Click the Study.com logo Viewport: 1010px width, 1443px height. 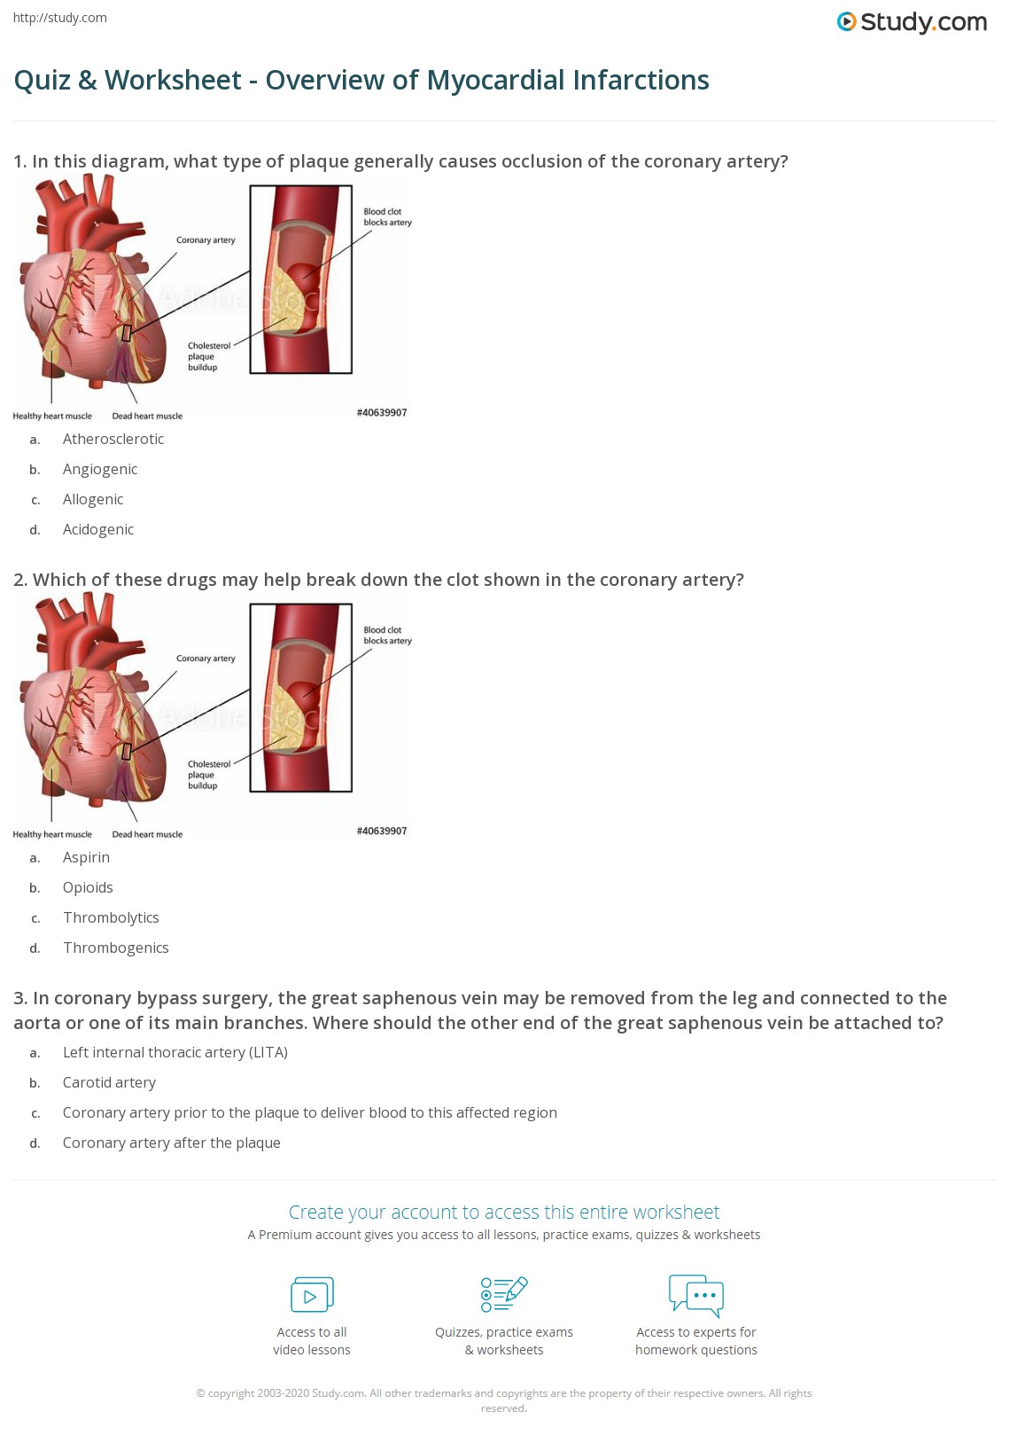tap(912, 21)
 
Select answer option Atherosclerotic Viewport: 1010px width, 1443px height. tap(113, 439)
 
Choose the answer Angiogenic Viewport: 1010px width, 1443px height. tap(100, 469)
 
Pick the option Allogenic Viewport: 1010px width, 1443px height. tap(93, 499)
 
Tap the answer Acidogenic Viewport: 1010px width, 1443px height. tap(98, 529)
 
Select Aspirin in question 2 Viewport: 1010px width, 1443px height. tap(86, 857)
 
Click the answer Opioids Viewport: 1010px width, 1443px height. tap(88, 887)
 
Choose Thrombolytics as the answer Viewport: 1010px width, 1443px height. tap(111, 917)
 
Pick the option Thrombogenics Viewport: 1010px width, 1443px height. tap(115, 948)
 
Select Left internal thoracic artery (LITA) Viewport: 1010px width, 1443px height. tap(175, 1052)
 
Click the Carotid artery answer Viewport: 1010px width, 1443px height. tap(109, 1082)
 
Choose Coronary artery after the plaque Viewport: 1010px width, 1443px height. tap(171, 1143)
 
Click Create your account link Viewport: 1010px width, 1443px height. tap(503, 1212)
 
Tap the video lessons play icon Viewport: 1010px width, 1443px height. tap(312, 1295)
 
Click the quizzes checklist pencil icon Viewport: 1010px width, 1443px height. tap(504, 1294)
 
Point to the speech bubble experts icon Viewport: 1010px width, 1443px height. tap(695, 1294)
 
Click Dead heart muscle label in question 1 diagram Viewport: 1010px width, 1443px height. tap(147, 416)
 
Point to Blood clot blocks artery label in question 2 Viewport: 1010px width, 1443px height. tap(387, 636)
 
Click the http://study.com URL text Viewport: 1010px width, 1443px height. tap(60, 18)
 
